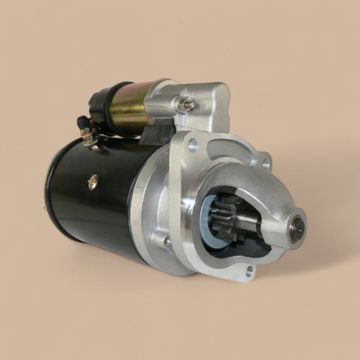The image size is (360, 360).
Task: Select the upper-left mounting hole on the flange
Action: tap(193, 146)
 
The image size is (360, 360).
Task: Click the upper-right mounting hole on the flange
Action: tap(266, 164)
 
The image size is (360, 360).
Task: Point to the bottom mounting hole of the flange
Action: tap(249, 271)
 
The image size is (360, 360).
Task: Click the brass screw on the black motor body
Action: tap(93, 182)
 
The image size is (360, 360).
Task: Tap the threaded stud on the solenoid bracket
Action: tap(186, 105)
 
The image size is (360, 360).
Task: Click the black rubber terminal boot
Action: tap(83, 123)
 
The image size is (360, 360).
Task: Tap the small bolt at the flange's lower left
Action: tap(167, 240)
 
